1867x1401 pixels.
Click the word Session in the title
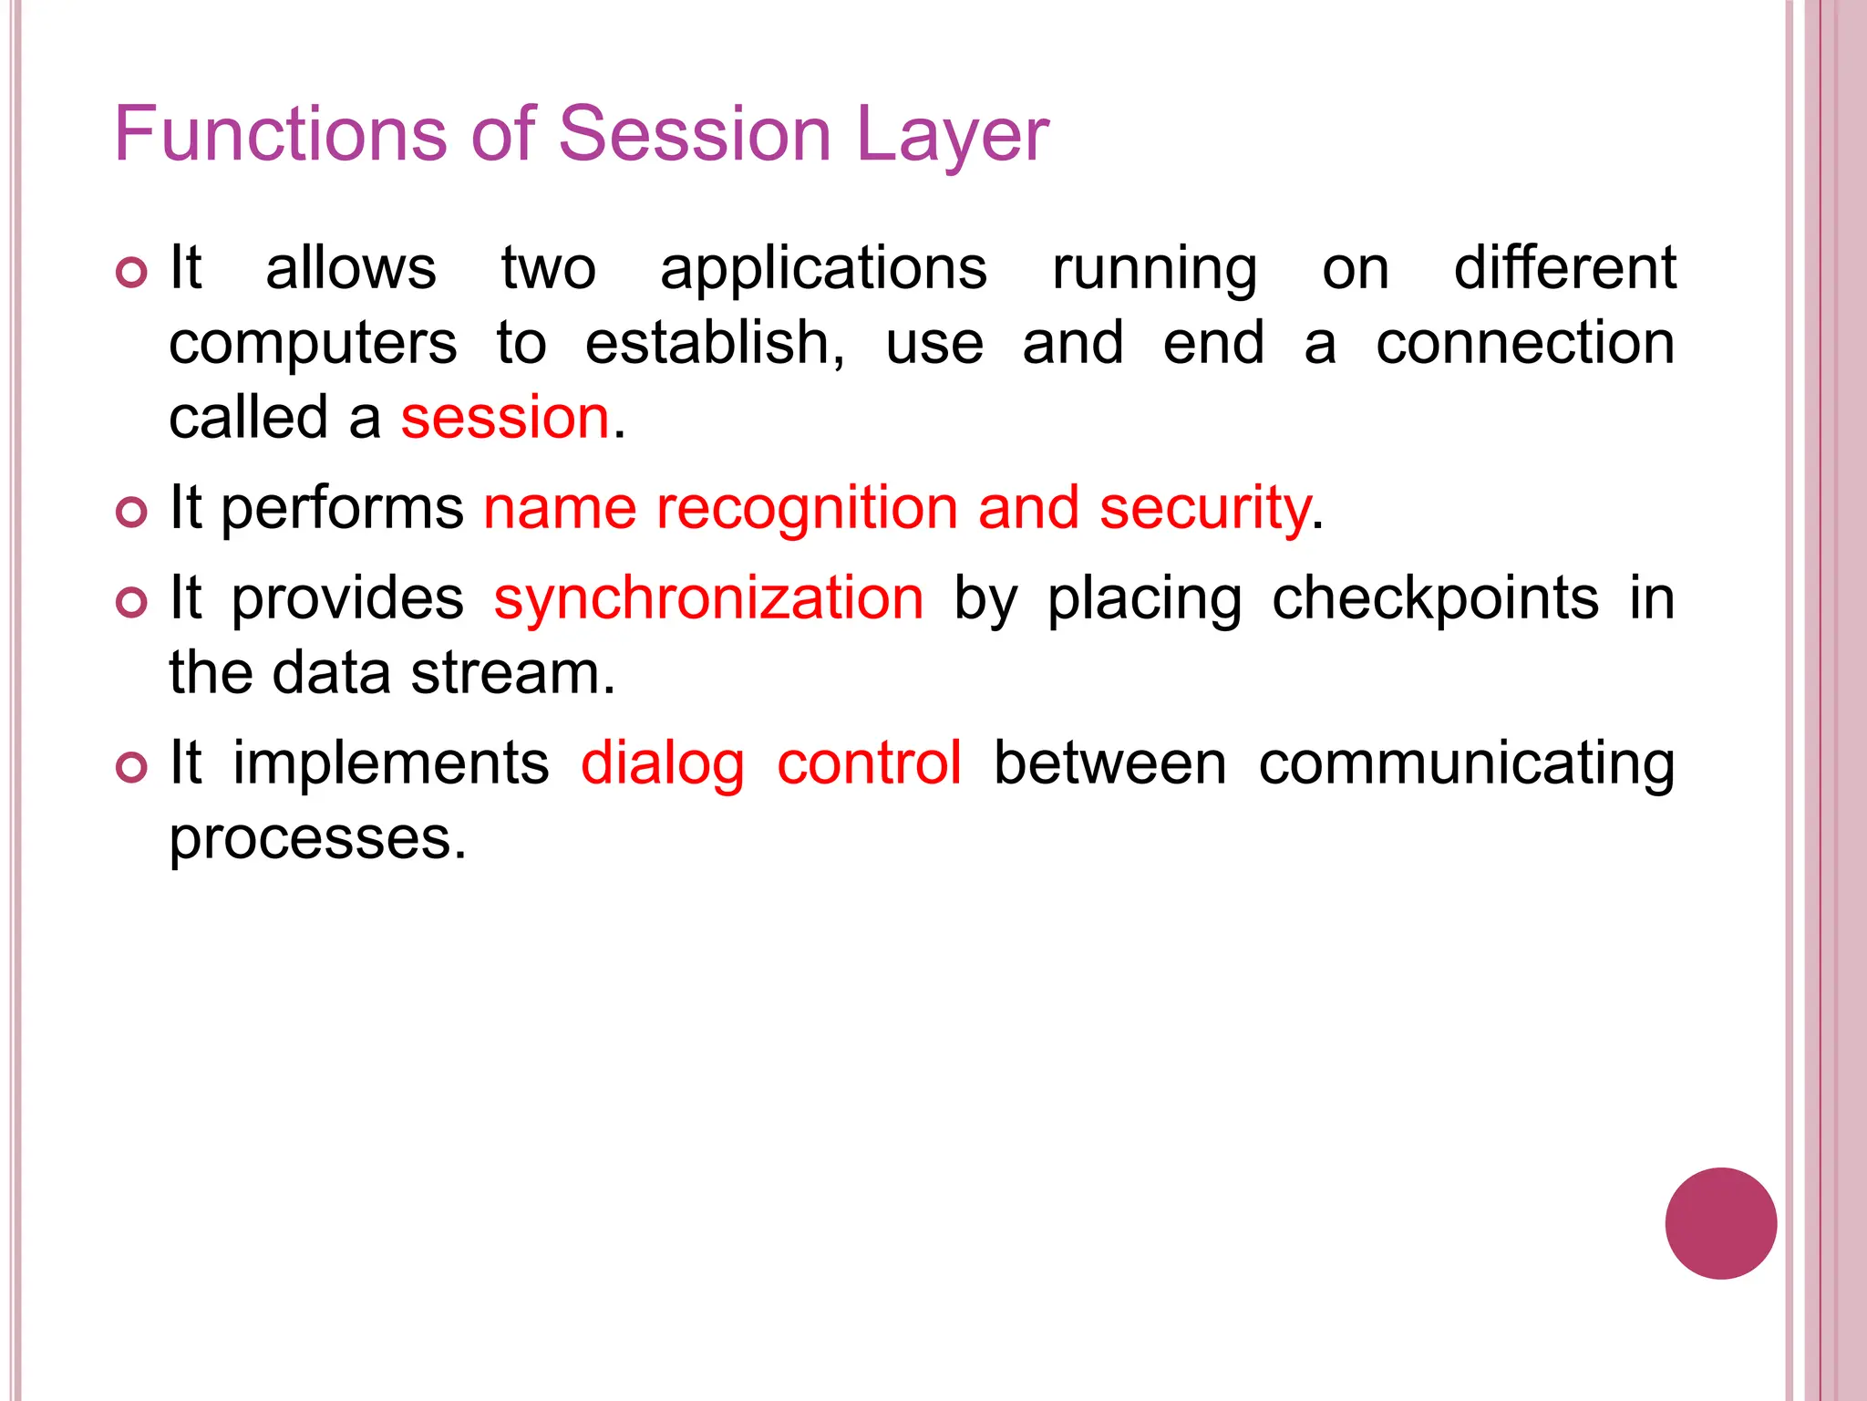694,134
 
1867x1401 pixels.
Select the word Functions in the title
280,134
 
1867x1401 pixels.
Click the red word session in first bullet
505,419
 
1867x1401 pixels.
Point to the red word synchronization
708,599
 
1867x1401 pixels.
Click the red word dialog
663,764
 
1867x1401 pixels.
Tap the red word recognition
807,508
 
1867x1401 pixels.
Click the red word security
1205,510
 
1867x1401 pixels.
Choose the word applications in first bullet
823,271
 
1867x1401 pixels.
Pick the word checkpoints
1435,599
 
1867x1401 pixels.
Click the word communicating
1466,764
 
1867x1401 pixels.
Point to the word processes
317,839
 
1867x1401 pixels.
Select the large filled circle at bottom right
1720,1223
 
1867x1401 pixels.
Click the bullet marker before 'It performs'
132,512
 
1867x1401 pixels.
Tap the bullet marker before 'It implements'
132,767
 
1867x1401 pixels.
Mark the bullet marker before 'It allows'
132,272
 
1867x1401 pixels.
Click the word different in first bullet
1563,269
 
